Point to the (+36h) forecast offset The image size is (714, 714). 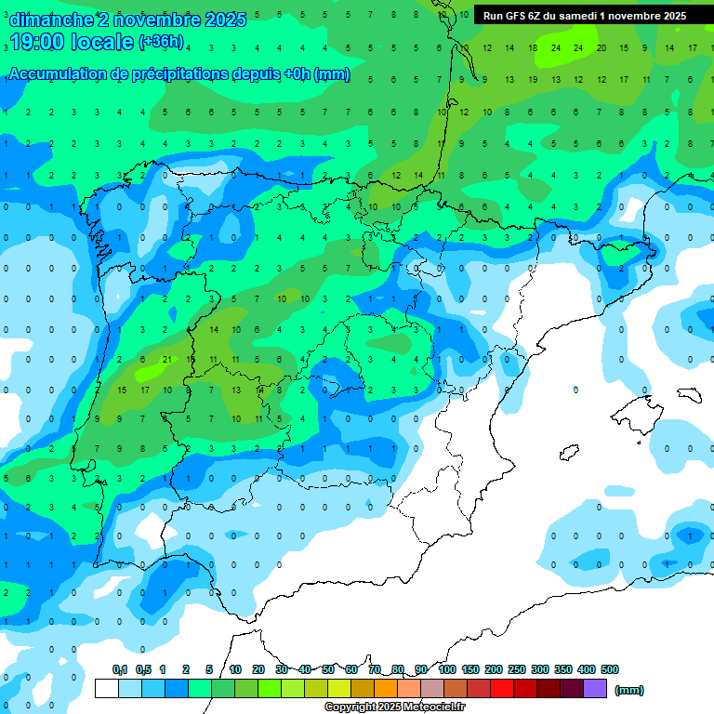[161, 42]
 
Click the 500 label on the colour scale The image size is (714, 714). [610, 669]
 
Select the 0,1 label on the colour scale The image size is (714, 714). [120, 669]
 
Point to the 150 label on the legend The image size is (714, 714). [470, 669]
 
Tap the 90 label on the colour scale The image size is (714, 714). [422, 669]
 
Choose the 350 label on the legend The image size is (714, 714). [563, 669]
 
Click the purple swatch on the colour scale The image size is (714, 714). [595, 689]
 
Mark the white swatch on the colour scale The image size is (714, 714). [107, 689]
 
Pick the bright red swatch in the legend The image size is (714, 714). [502, 689]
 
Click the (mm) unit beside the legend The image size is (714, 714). [629, 690]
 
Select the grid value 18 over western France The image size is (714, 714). [533, 46]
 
